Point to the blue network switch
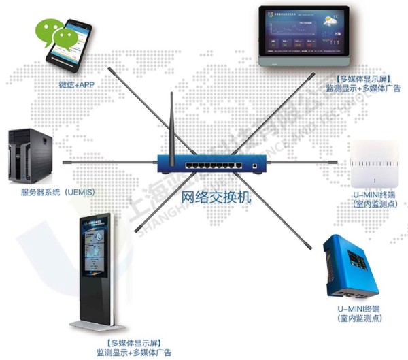click(210, 164)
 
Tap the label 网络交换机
click(217, 197)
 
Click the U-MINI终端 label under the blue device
click(360, 310)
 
